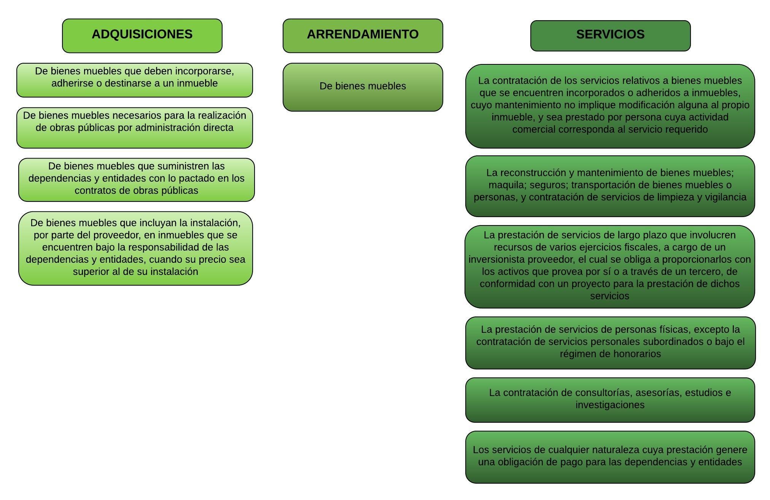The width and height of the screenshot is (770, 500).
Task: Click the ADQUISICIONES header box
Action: click(x=142, y=36)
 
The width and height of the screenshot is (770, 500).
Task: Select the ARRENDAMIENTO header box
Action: click(x=363, y=36)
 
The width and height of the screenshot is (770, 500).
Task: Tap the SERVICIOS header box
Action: click(x=610, y=36)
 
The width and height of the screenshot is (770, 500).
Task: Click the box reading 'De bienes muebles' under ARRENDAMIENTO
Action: click(x=363, y=87)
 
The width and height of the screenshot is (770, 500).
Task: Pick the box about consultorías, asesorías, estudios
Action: click(x=610, y=400)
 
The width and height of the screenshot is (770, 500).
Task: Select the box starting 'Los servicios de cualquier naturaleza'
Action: click(x=610, y=457)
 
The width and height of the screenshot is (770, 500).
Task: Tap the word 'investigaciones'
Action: click(x=610, y=405)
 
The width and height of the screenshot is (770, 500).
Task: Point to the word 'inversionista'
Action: click(x=499, y=259)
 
